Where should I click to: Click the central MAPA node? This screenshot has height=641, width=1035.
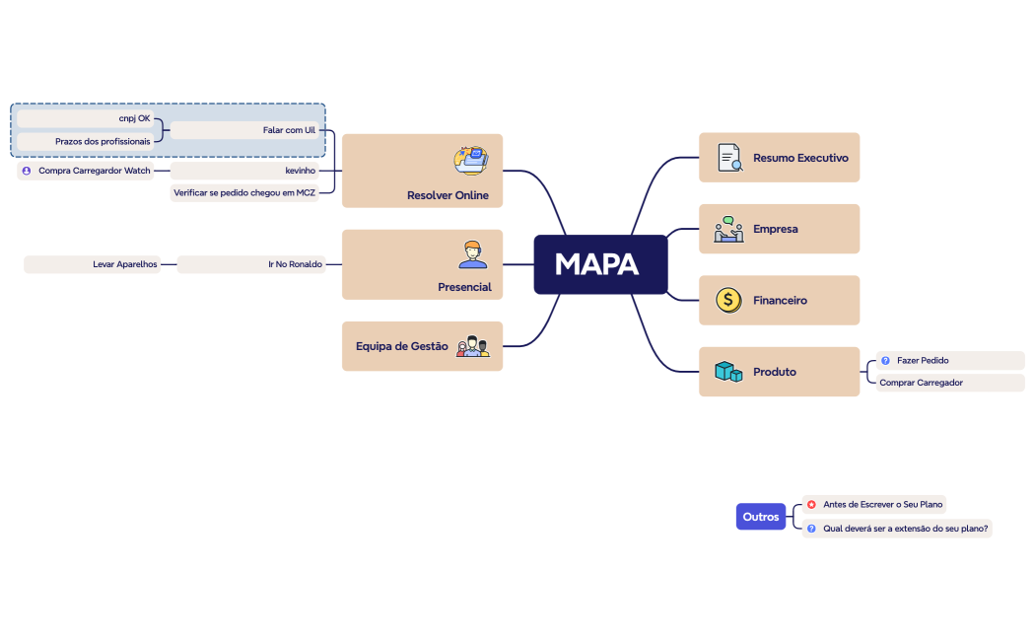click(x=600, y=264)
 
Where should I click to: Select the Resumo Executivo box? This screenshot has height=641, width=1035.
click(x=779, y=157)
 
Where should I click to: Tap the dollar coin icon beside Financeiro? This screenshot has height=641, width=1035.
click(x=728, y=301)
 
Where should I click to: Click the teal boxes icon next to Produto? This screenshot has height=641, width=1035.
click(x=728, y=371)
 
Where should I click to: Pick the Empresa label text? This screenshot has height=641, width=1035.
click(x=776, y=229)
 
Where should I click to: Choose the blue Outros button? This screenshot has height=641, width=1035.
click(x=760, y=516)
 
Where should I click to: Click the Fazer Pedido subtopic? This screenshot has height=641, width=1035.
click(x=950, y=360)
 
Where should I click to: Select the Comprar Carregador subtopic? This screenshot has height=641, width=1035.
click(x=950, y=383)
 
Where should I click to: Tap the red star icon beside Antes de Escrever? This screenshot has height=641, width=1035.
click(x=811, y=504)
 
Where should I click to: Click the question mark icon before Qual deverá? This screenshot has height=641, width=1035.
click(x=811, y=529)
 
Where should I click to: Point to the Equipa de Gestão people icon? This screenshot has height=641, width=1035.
click(x=472, y=346)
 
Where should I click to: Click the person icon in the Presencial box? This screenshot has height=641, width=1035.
click(x=472, y=254)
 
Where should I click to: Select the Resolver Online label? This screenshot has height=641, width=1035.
click(x=448, y=195)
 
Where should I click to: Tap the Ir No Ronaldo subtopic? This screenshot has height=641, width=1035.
click(x=250, y=264)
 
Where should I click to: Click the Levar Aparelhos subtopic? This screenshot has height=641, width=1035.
click(x=92, y=264)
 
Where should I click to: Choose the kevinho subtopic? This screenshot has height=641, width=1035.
click(x=244, y=171)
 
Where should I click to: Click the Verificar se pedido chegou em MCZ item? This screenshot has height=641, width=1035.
click(x=244, y=192)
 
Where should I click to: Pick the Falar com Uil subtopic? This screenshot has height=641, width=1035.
click(x=244, y=130)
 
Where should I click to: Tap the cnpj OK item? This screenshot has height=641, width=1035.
click(x=85, y=118)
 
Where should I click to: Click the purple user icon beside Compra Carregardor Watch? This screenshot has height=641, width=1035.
click(x=27, y=171)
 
